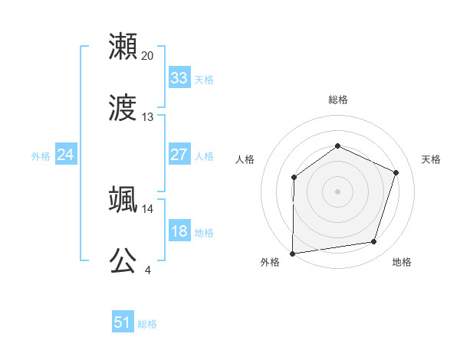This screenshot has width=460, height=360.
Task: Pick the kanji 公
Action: click(x=123, y=260)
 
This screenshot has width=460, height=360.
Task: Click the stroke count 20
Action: click(x=148, y=55)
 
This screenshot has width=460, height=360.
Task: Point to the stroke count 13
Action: click(x=148, y=117)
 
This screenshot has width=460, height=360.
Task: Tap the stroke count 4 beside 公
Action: click(x=147, y=270)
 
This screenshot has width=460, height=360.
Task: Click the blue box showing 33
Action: click(x=179, y=78)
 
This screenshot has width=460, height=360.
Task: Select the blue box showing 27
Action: click(x=179, y=155)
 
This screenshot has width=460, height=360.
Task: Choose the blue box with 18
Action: click(x=179, y=231)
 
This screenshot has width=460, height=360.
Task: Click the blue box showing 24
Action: click(x=66, y=155)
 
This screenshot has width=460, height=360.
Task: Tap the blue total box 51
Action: click(x=123, y=322)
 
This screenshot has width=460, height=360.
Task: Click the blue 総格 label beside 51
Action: click(x=147, y=324)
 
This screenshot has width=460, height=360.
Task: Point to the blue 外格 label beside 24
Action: click(x=41, y=156)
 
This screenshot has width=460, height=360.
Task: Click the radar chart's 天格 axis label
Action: click(x=432, y=159)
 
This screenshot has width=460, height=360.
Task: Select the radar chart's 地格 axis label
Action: click(x=402, y=262)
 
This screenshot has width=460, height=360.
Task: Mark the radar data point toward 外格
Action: click(x=292, y=253)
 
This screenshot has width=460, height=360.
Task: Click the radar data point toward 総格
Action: click(x=337, y=146)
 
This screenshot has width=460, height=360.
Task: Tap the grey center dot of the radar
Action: click(x=337, y=191)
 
